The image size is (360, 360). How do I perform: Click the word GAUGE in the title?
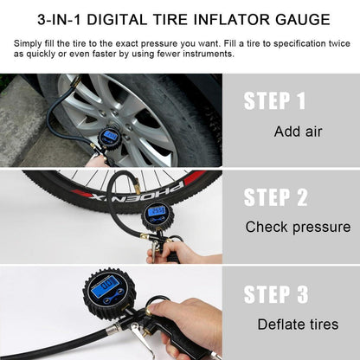click(303, 20)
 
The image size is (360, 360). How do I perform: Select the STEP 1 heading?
click(274, 100)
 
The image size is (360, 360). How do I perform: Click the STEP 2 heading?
click(276, 197)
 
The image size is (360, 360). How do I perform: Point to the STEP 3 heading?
click(276, 294)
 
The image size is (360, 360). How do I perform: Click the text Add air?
click(298, 132)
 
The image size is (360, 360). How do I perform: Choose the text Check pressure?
click(298, 227)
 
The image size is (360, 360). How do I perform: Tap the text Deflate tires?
click(298, 325)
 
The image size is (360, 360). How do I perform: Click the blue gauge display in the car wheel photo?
click(111, 136)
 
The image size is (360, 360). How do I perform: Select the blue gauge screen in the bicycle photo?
click(157, 212)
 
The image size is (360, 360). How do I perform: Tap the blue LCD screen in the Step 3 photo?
click(106, 286)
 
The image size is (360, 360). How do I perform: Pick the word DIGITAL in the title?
click(117, 20)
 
